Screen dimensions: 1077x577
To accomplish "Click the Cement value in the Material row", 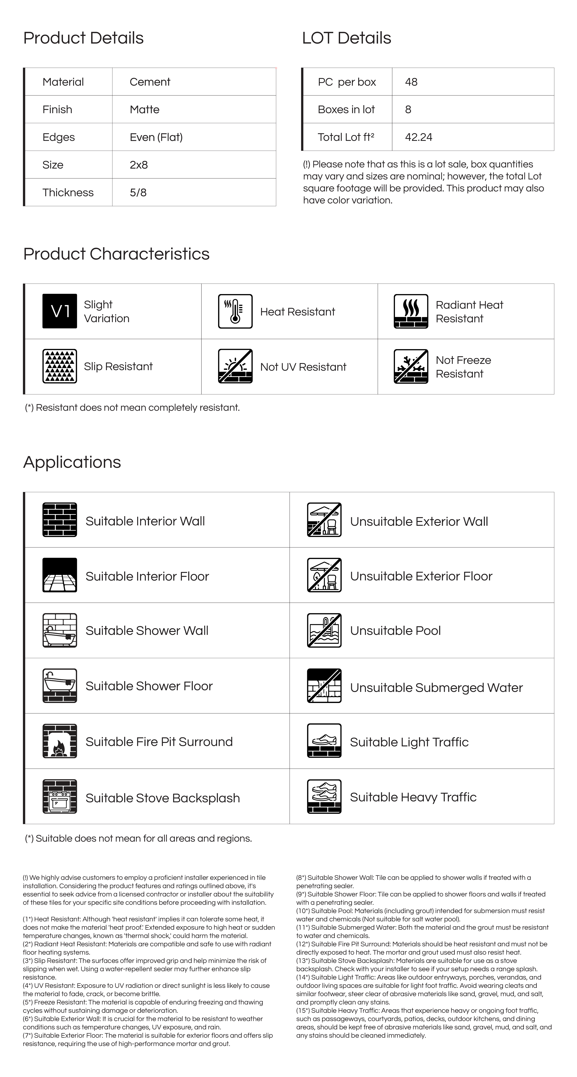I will (x=150, y=82).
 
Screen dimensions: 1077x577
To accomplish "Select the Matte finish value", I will (x=144, y=109).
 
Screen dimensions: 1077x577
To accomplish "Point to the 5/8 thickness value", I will (x=138, y=192).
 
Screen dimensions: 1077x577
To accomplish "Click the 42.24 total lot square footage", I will (x=419, y=137).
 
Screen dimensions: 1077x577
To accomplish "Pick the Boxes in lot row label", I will (x=346, y=109).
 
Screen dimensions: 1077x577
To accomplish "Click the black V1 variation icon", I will (x=60, y=311).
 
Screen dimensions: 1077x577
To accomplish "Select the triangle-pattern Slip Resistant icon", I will (x=60, y=366).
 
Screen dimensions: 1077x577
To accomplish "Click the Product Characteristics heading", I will (x=116, y=254).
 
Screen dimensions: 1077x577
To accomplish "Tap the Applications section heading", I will (x=72, y=462).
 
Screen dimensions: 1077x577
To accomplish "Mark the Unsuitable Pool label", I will (x=395, y=630).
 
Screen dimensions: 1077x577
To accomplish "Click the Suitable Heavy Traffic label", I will (x=413, y=797).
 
